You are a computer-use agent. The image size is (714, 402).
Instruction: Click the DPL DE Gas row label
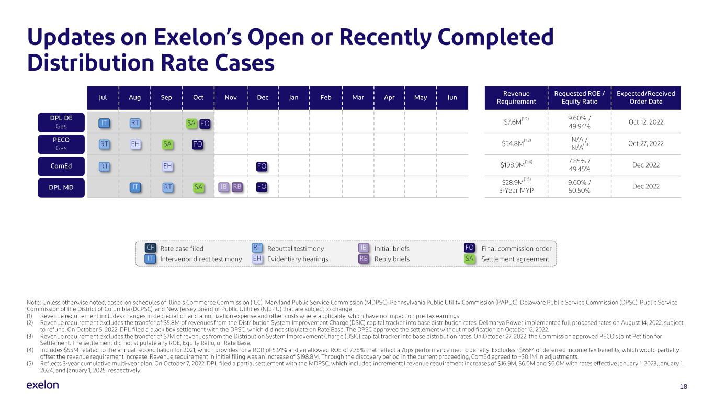(61, 122)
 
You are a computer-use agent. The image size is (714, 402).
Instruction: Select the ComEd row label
(61, 166)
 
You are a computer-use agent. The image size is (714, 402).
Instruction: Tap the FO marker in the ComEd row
(262, 166)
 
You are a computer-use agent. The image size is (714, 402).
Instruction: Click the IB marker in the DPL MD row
(224, 187)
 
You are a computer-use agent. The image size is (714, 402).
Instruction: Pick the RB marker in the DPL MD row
(237, 187)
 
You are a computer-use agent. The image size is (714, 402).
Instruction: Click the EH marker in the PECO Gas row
(135, 144)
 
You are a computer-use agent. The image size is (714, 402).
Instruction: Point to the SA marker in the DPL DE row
(191, 123)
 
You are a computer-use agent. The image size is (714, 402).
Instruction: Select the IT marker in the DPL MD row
(135, 187)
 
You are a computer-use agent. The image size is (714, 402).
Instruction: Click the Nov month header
(231, 98)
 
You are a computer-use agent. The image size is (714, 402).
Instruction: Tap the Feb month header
(326, 98)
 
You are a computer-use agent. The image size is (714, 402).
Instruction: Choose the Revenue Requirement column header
(516, 98)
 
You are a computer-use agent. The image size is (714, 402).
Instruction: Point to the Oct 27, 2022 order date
(646, 143)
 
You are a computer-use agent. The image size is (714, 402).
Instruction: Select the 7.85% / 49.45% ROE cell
(580, 165)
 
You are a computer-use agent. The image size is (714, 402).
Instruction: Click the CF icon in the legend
(151, 248)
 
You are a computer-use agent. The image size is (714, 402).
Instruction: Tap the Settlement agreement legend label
(515, 259)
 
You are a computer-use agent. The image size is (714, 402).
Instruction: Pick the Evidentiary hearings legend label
(298, 259)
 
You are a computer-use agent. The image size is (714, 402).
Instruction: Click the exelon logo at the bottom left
(42, 385)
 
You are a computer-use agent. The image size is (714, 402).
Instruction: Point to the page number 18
(683, 387)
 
